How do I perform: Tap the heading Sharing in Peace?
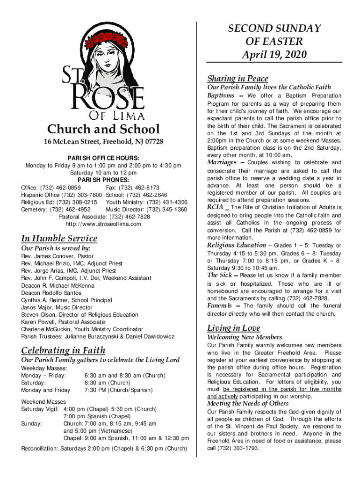(x=238, y=78)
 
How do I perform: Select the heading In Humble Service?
(x=59, y=238)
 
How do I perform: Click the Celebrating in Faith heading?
(x=63, y=350)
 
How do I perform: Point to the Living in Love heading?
(x=233, y=328)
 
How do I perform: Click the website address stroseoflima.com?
(x=103, y=224)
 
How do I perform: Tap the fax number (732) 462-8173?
(x=141, y=187)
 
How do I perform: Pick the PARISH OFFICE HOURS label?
(x=103, y=158)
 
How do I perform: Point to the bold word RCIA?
(x=215, y=207)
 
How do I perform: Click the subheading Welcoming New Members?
(x=244, y=337)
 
